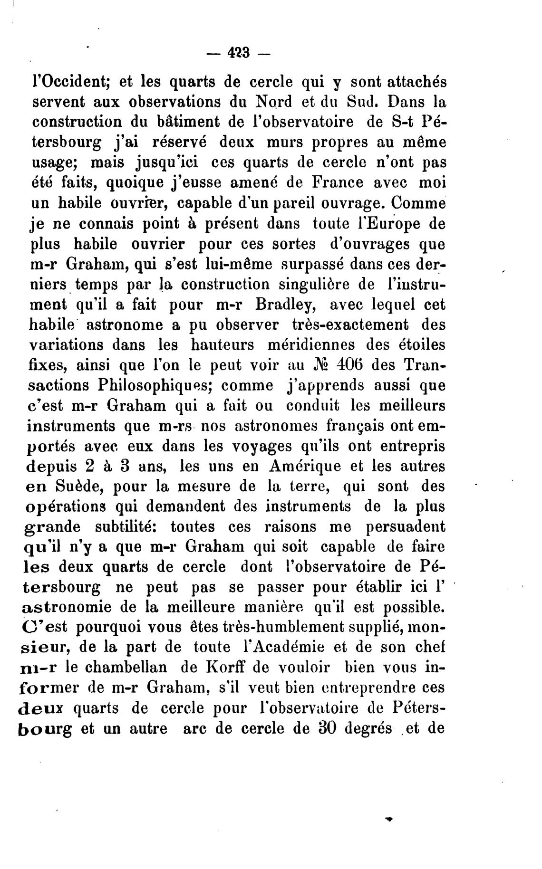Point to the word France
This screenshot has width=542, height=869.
(x=324, y=182)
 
